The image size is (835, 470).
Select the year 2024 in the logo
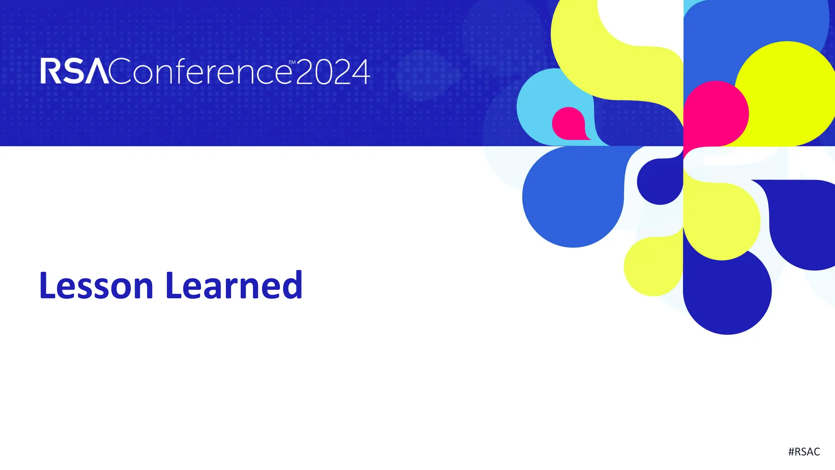click(x=333, y=72)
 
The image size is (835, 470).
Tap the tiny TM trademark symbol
click(x=292, y=62)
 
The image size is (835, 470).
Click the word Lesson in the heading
click(x=96, y=285)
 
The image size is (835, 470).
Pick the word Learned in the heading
click(x=234, y=285)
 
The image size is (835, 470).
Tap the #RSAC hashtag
click(x=804, y=452)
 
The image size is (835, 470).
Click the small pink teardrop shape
click(x=568, y=123)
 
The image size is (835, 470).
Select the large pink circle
click(x=717, y=113)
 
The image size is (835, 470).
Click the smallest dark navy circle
click(x=660, y=182)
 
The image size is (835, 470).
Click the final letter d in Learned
click(x=292, y=285)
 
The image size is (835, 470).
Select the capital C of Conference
click(x=120, y=71)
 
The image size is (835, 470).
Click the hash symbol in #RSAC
click(x=791, y=452)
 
